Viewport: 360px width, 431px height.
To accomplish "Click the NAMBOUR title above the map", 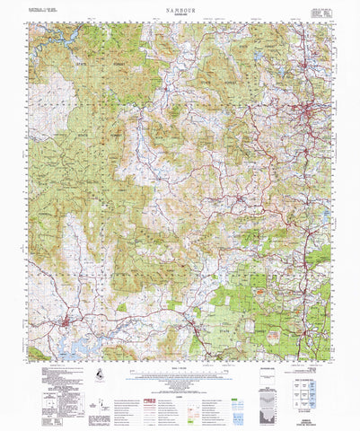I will point(180,6).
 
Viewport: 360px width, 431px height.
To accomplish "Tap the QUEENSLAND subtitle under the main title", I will point(180,13).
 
